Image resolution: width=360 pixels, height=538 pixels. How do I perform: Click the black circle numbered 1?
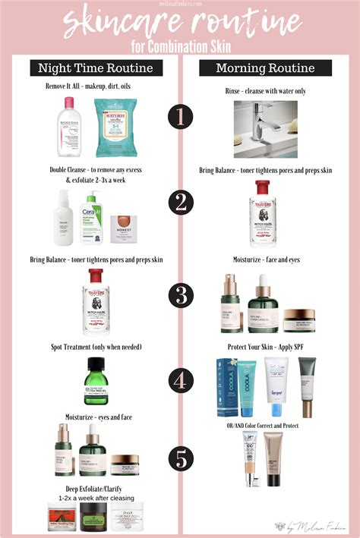pos(180,117)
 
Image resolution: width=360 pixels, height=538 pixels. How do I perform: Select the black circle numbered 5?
pos(180,458)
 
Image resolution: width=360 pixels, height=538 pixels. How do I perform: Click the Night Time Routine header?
pos(96,68)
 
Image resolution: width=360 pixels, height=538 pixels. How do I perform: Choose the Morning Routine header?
pos(264,68)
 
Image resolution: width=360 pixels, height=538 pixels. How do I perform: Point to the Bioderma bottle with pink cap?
pos(69,118)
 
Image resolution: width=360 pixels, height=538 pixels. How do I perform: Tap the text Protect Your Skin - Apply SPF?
pos(265,346)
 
